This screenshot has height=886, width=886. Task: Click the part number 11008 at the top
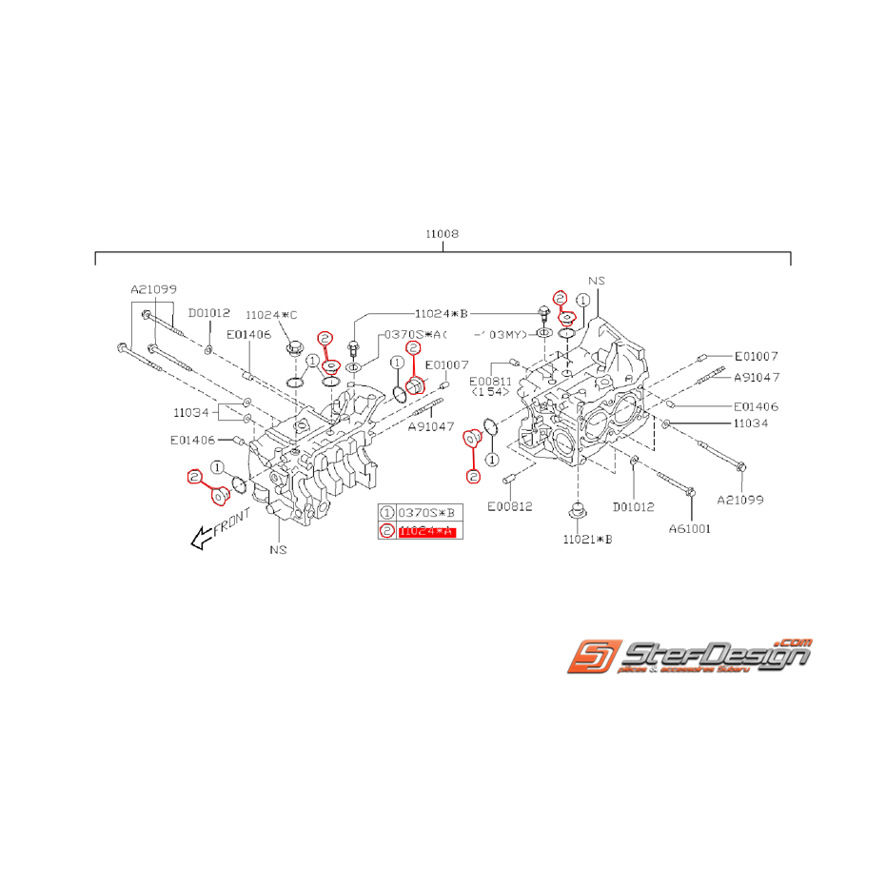443,232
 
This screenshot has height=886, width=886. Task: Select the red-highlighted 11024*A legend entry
427,532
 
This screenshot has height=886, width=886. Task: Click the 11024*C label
271,314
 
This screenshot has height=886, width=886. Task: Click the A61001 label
689,527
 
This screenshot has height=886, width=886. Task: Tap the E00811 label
490,381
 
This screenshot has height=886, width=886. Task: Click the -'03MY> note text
501,334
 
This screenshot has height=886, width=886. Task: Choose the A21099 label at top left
154,288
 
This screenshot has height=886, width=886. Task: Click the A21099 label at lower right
740,499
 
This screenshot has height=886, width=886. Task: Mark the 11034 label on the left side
189,412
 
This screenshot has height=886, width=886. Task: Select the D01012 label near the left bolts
208,312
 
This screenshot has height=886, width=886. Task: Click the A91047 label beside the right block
756,377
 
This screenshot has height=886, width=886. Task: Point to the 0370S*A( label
415,335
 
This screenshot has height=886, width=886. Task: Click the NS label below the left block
278,549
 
